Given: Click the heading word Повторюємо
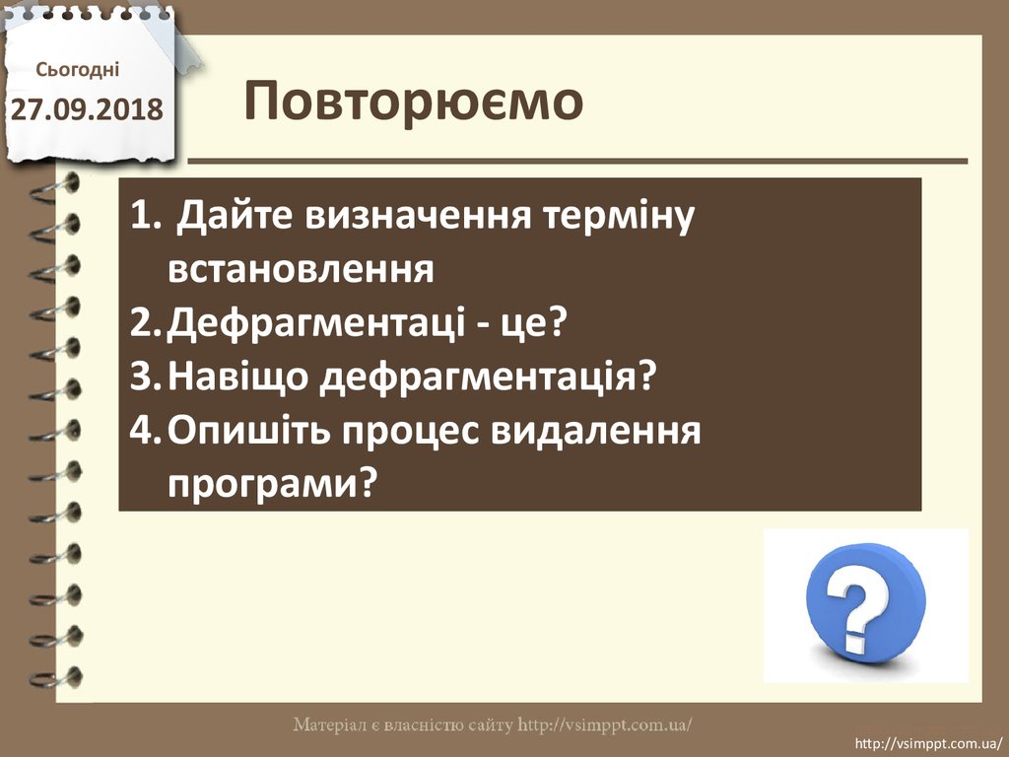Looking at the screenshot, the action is click(413, 102).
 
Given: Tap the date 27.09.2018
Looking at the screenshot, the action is click(87, 109).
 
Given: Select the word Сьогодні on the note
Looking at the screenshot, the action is click(77, 70).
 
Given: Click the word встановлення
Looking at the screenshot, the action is click(301, 270).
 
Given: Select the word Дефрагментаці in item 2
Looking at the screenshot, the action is click(316, 323).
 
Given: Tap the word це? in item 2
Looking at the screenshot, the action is click(533, 323).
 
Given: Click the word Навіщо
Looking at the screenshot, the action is click(238, 377).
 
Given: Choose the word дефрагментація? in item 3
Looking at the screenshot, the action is click(488, 378).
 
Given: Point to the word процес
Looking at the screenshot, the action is click(411, 433).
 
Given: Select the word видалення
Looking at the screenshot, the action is click(596, 431).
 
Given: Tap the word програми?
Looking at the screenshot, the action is click(271, 485).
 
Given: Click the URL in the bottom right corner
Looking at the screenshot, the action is click(928, 744).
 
